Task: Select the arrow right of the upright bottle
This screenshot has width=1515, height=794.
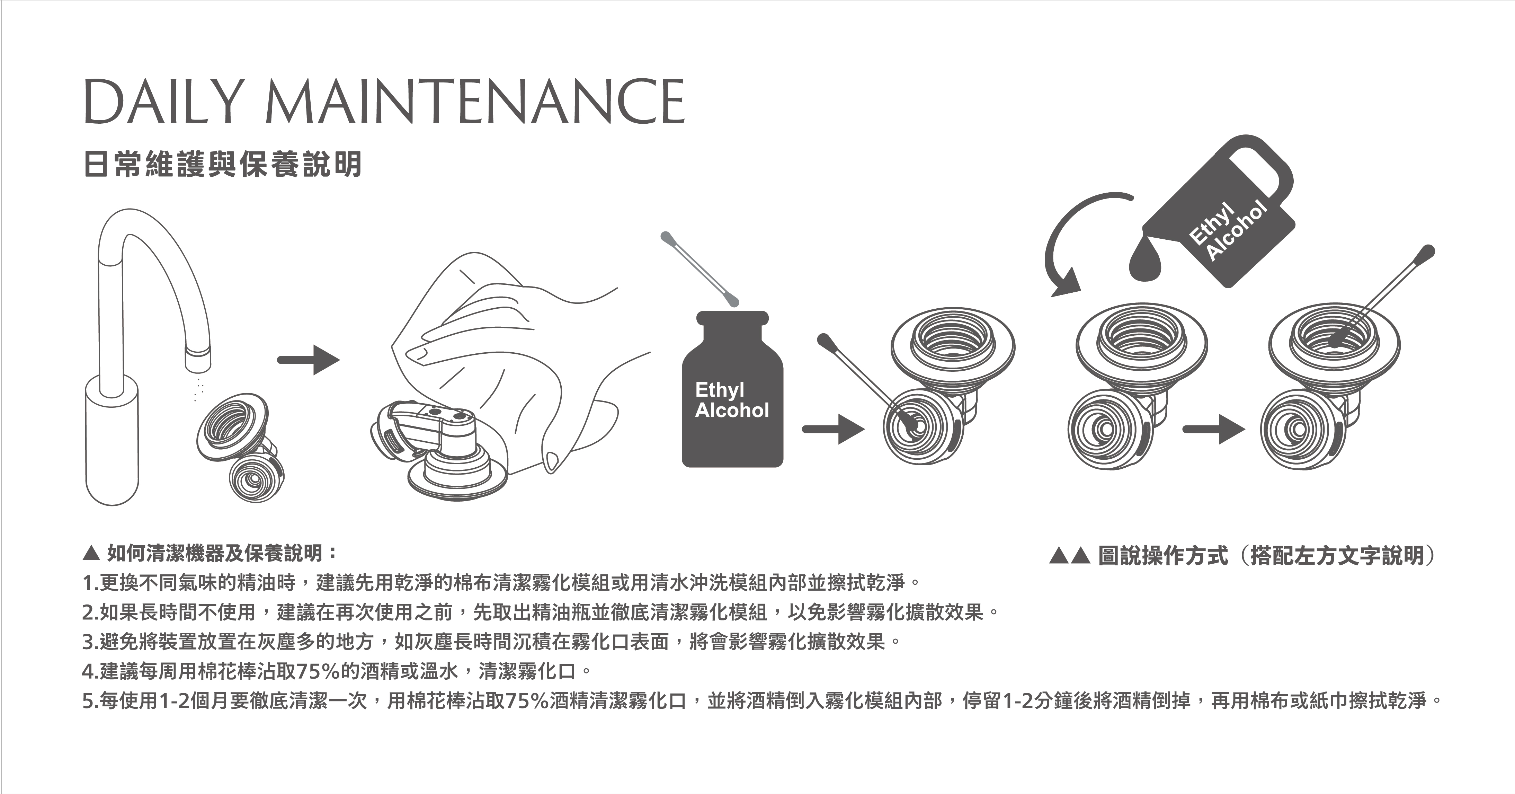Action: (834, 429)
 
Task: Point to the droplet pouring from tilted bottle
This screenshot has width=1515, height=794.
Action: (1147, 259)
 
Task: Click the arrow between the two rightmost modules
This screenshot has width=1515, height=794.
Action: (1214, 429)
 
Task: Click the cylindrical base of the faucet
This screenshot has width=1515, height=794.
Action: (112, 441)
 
